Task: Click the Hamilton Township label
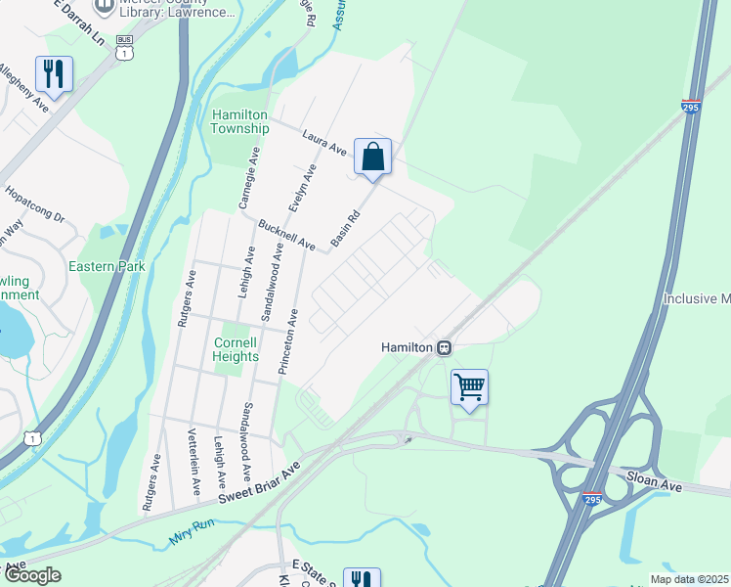(240, 121)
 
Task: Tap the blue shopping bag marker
(372, 157)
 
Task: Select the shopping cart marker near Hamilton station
(469, 387)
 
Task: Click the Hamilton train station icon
(444, 346)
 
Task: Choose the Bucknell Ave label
(286, 234)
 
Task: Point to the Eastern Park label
(107, 266)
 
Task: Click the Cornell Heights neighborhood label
(236, 349)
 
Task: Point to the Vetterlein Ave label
(194, 458)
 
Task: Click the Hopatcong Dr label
(34, 203)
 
